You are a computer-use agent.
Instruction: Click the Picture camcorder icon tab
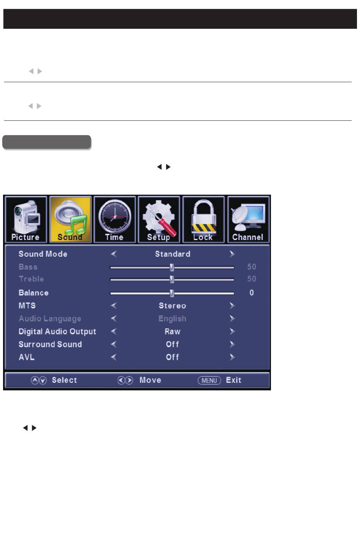tap(26, 220)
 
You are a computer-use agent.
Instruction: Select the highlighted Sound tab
tap(70, 220)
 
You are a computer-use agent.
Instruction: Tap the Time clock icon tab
tap(114, 220)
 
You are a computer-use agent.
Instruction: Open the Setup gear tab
tap(159, 220)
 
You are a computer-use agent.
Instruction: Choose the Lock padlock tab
tap(203, 220)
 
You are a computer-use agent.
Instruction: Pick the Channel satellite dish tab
tap(248, 220)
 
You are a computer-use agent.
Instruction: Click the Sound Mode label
tap(43, 254)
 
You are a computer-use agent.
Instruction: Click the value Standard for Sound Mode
tap(172, 254)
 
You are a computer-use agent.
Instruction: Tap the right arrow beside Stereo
tap(232, 306)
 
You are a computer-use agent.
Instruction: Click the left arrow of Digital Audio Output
tap(113, 331)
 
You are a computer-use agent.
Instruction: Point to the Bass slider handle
tap(172, 267)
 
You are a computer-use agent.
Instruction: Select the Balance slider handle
tap(172, 293)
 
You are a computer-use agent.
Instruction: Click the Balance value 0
tap(252, 293)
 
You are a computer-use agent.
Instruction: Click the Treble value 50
tap(252, 279)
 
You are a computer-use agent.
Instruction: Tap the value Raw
tap(172, 331)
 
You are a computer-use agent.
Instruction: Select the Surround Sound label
tap(50, 344)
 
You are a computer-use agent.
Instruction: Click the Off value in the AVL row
tap(172, 357)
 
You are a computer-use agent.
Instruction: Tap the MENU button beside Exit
tap(209, 380)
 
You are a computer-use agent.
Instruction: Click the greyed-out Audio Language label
tap(50, 319)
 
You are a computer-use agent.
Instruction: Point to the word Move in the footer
tap(150, 380)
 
